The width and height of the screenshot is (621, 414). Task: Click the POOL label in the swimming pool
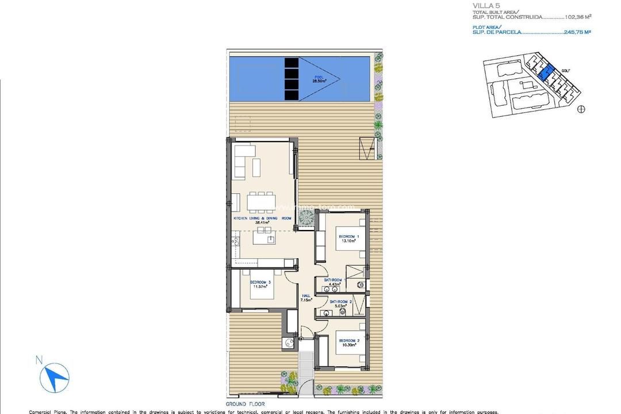pos(318,77)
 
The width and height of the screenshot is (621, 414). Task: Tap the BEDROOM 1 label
pos(348,236)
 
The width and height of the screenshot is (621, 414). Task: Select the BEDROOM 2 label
pos(348,340)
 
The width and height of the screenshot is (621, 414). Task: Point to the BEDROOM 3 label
pos(260,282)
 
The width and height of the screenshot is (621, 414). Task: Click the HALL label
pos(306,295)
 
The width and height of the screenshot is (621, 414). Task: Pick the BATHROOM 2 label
pos(340,301)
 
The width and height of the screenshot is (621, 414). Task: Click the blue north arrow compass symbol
pos(56,379)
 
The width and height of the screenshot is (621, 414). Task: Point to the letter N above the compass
pos(39,361)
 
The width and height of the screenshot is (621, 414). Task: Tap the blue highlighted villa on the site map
pos(545,72)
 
